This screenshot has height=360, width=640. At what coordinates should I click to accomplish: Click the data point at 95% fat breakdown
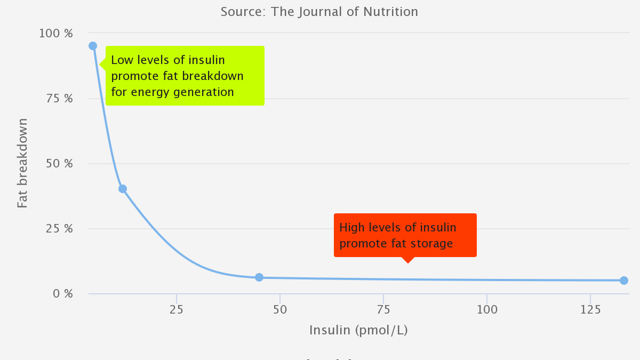point(93,46)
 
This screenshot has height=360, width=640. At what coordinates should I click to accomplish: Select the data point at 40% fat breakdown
point(123,189)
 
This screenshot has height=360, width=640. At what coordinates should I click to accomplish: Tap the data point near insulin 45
point(259,277)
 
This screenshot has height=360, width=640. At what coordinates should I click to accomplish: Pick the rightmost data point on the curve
point(624,281)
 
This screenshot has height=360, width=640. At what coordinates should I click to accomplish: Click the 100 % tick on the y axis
point(55,33)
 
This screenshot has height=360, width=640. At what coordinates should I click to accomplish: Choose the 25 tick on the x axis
point(177,309)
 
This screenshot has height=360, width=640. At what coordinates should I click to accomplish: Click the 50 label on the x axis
point(280,309)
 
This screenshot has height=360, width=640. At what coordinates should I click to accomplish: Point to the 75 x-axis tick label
point(383,309)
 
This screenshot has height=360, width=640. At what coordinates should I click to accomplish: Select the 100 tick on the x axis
point(486,309)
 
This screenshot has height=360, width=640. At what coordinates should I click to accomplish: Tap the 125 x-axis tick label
point(590,309)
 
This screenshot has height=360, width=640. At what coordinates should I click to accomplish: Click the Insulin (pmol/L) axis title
point(358,330)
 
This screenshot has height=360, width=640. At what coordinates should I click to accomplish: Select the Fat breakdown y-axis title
point(22,163)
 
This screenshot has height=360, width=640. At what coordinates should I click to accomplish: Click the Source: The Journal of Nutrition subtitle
point(319,12)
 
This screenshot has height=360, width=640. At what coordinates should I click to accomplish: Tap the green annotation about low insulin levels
point(185,76)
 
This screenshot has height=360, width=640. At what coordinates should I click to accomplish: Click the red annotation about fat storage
point(405,235)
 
